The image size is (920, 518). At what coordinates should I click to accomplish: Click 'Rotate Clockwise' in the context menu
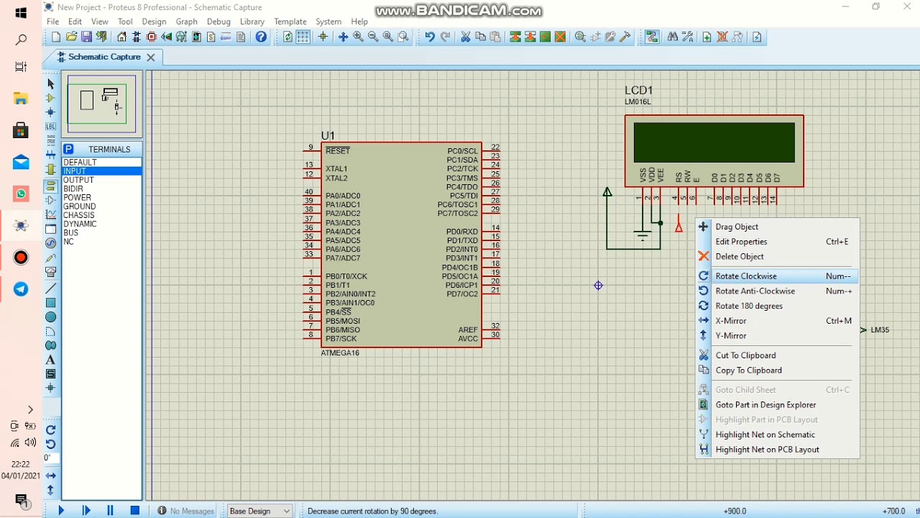coord(746,276)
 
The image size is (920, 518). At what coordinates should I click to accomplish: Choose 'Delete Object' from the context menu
coord(740,257)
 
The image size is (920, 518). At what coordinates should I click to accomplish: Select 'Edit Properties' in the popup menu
coord(741,242)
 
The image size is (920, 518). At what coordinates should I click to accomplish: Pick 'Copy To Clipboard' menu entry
coord(748,371)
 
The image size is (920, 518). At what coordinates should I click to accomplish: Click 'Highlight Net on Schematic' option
coord(765,435)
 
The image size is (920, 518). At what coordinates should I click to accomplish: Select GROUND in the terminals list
coord(80,206)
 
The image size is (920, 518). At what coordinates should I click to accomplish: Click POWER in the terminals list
coord(78,198)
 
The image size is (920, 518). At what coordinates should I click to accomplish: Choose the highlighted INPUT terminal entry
coord(75,171)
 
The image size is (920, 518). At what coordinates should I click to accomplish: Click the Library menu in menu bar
coord(252,22)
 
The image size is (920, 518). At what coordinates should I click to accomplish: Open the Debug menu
coord(218,22)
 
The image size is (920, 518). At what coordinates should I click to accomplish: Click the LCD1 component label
coord(638,91)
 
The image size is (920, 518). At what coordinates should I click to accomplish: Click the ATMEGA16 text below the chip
coord(340,353)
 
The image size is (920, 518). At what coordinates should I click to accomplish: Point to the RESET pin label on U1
coord(338,151)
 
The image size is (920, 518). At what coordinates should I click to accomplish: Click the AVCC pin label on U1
coord(468,339)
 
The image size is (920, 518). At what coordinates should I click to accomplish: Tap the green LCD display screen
coord(714,142)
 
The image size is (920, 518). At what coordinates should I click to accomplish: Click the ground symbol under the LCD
coord(642,235)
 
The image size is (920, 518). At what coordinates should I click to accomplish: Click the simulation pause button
coord(110,511)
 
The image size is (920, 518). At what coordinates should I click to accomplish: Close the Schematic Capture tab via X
coord(151,58)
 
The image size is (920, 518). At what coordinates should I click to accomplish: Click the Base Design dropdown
coord(259,511)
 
